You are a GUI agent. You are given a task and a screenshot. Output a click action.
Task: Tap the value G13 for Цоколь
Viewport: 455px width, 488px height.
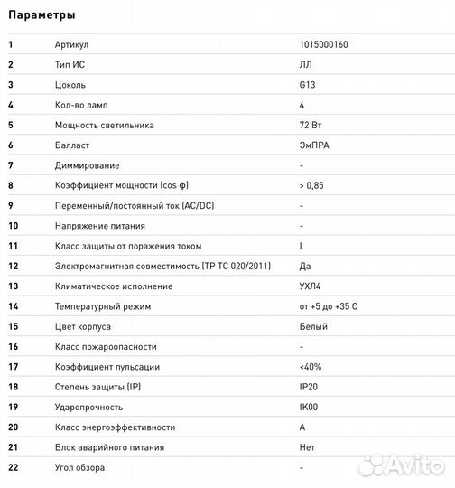coord(307,85)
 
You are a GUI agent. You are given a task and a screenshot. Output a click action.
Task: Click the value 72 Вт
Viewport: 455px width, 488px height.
coord(310,125)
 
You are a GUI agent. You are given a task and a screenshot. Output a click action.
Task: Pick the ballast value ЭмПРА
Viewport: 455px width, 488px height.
coord(314,145)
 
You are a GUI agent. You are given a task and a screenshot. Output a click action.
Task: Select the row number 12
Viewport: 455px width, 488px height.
coord(13,266)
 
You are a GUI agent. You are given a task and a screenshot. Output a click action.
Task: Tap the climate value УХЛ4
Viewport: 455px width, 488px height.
coord(311,286)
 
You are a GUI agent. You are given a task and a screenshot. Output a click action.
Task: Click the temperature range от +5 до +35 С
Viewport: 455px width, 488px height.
coord(329,306)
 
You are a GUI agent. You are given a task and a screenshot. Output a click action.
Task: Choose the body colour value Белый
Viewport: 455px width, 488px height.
coord(312,326)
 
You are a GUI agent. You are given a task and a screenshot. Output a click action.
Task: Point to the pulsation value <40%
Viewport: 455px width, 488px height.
coord(310,366)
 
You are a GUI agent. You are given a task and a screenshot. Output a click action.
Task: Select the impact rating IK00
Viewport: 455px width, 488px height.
coord(309,407)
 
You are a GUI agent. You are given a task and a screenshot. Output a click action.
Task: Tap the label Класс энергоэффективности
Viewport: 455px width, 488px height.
coord(115,427)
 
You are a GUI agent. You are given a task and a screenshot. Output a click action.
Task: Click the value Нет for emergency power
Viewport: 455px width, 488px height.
coord(307,447)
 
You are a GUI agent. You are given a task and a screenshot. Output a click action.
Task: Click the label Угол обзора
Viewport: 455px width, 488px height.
coord(79,467)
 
